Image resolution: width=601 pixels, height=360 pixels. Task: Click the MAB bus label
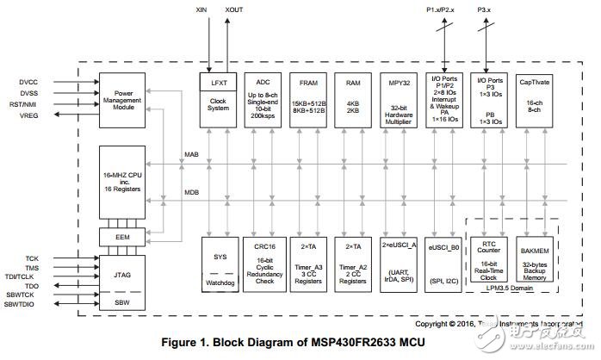point(192,155)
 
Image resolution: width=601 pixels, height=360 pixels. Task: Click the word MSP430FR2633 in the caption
point(362,341)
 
